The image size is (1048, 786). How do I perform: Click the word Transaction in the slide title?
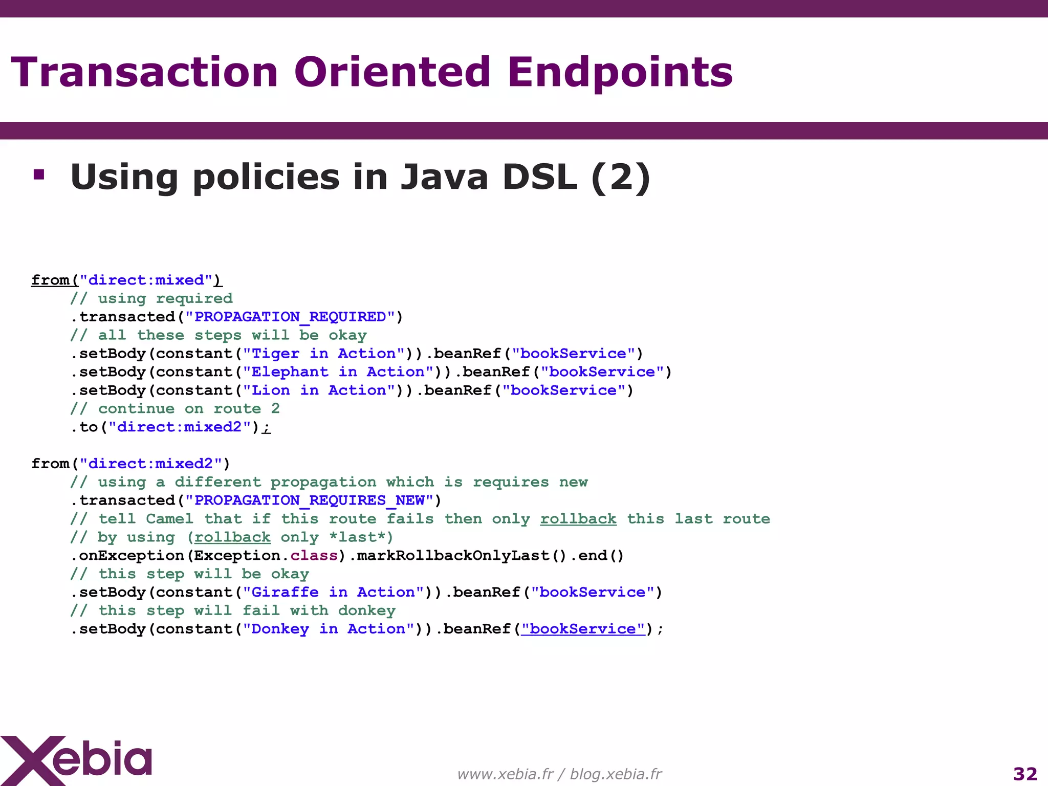(x=144, y=73)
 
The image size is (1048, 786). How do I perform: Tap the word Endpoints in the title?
(x=620, y=73)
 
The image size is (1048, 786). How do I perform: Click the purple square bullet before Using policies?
(x=38, y=175)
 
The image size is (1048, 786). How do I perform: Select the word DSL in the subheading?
(x=539, y=177)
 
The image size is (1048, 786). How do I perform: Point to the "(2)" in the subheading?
(x=620, y=177)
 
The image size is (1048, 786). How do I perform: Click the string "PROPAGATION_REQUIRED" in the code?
(x=290, y=317)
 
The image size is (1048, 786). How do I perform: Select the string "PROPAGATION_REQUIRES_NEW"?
(x=309, y=500)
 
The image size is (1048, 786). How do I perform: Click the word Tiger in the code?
(x=275, y=354)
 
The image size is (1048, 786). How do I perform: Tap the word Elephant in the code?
(x=290, y=372)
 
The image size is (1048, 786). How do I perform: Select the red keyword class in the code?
(x=314, y=555)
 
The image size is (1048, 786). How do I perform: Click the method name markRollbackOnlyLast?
(x=453, y=555)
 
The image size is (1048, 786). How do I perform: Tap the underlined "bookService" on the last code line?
(x=583, y=629)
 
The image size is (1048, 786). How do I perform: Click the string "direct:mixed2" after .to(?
(x=180, y=427)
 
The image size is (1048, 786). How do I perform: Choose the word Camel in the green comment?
(x=169, y=519)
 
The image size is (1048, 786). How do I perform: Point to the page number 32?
(x=1025, y=774)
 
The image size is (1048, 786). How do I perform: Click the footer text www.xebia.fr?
(x=505, y=774)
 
